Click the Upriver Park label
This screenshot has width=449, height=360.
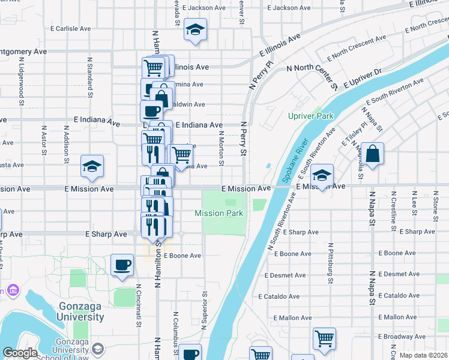click(310, 116)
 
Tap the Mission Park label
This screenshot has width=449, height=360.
click(218, 213)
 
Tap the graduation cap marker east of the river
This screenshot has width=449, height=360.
click(322, 175)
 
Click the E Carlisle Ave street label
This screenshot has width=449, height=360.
click(71, 28)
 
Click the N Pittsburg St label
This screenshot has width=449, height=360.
click(330, 263)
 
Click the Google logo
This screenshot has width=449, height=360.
click(20, 353)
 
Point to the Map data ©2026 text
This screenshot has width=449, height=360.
click(423, 355)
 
